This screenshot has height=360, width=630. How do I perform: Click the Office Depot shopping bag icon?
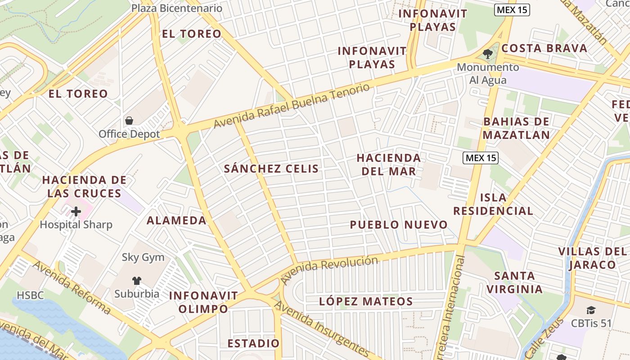pos(129,121)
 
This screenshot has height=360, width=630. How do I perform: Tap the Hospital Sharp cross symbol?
pos(76,211)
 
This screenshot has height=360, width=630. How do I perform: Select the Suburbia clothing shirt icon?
pos(137,281)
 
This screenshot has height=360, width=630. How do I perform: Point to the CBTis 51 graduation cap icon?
pos(591,310)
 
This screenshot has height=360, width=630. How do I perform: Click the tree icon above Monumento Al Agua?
pos(487,54)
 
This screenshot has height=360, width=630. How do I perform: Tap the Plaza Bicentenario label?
pos(177,8)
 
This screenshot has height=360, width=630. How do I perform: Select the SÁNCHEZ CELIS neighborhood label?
pos(271,169)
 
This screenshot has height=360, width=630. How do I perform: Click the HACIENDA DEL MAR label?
pos(389,164)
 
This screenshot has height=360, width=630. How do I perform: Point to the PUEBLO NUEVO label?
pos(399,225)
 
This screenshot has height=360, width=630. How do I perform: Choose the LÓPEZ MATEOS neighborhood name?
pos(366,301)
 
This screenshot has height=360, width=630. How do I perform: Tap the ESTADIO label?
pos(253,343)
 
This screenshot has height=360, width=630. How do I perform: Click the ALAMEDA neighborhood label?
pos(176,220)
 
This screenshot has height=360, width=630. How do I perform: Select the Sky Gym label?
pos(143,257)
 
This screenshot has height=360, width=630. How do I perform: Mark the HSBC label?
pos(31,295)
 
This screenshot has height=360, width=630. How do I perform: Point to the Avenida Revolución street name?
pos(329,269)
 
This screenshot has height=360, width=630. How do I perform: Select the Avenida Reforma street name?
pos(72,288)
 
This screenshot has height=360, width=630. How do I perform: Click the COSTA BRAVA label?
pos(544,48)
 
